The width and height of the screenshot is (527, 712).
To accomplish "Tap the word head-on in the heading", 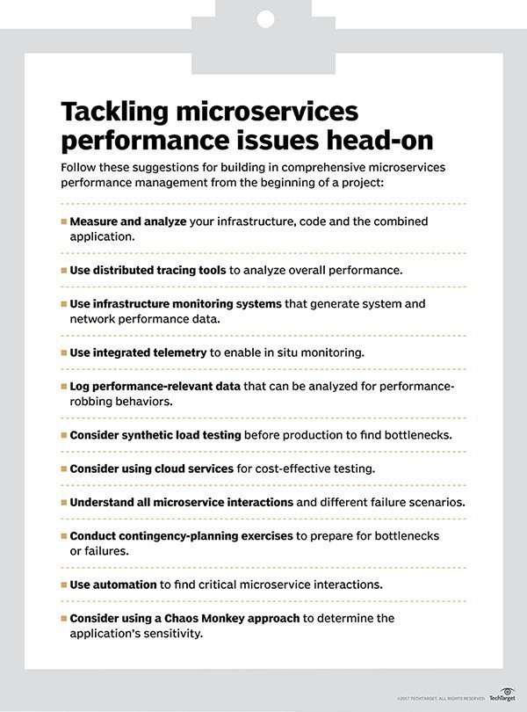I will pos(379,141).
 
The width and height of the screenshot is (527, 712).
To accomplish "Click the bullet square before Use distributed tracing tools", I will pos(63,270).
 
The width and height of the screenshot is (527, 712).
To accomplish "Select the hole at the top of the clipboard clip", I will pos(263,18).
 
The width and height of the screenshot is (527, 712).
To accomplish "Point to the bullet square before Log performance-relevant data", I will pos(63,386).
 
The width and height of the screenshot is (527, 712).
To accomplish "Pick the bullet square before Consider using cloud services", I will pos(63,469).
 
